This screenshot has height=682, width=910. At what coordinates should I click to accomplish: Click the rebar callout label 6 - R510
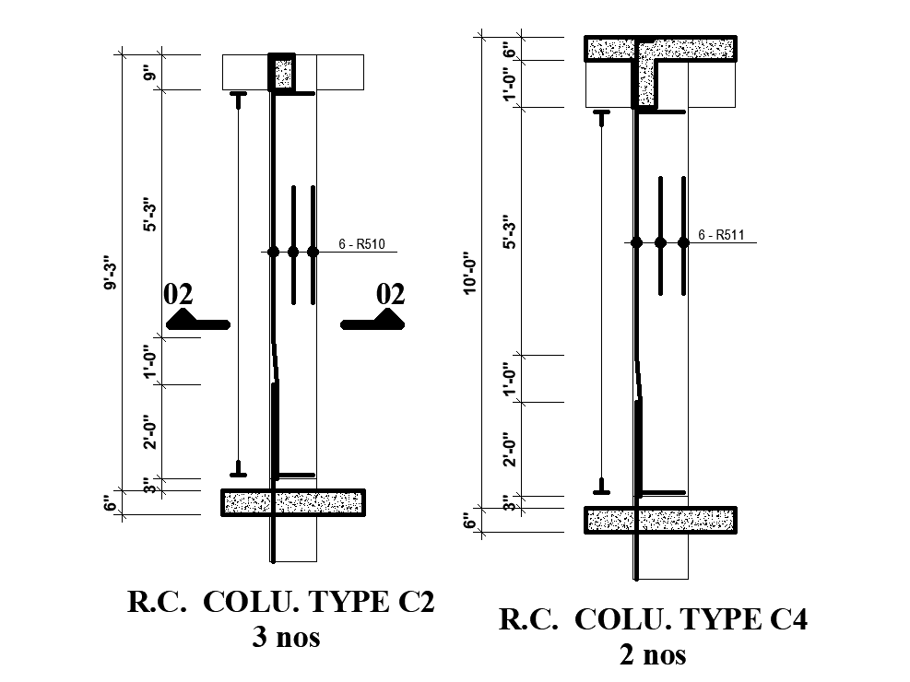tap(361, 244)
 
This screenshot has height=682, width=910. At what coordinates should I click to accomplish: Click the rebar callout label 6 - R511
tap(721, 235)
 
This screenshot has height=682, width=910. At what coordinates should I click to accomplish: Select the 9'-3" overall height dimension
tap(112, 272)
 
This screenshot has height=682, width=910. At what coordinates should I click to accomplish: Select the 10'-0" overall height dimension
tap(470, 274)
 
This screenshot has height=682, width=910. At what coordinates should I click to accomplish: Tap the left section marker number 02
tap(178, 294)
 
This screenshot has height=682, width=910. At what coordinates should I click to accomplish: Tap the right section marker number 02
tap(391, 294)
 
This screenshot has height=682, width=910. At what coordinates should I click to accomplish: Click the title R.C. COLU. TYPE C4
tap(653, 619)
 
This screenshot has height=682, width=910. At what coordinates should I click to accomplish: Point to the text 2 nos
tap(653, 654)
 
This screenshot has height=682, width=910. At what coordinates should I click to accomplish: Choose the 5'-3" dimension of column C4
tap(508, 231)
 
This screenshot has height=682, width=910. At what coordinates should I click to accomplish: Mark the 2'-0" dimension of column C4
tap(508, 449)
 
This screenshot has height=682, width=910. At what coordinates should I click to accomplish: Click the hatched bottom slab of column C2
tap(293, 501)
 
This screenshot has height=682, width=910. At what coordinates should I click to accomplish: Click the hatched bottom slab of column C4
tap(660, 520)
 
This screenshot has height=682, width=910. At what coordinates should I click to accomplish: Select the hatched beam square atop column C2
tap(282, 73)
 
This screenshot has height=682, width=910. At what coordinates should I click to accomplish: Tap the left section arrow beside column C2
tap(196, 321)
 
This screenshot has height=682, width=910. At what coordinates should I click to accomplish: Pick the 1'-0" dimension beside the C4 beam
tap(508, 84)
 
